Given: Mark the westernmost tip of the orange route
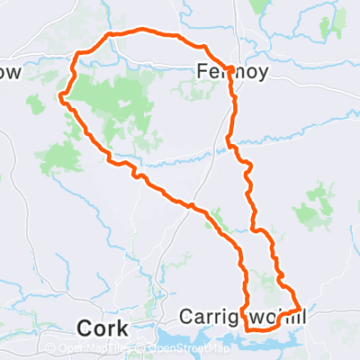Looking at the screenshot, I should pyautogui.click(x=59, y=94).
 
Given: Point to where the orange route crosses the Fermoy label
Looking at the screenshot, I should pyautogui.click(x=230, y=70).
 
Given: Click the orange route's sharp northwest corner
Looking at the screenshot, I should pyautogui.click(x=110, y=35).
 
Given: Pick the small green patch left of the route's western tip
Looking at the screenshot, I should pyautogui.click(x=35, y=104).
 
